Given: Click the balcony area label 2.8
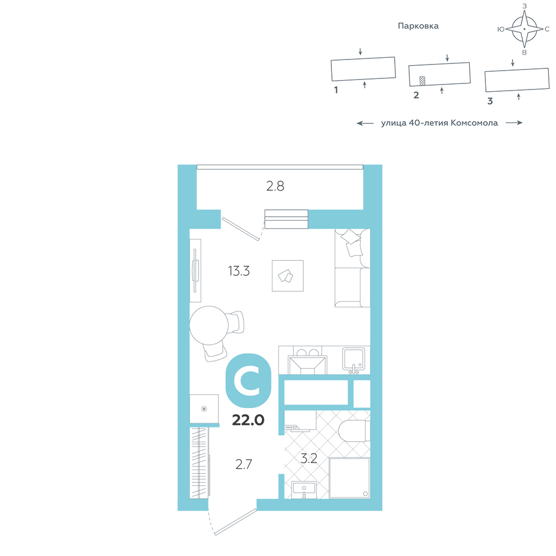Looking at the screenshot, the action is tap(275, 186).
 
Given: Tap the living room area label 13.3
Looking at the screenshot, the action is tap(239, 271).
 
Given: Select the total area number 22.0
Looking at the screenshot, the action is tap(248, 420).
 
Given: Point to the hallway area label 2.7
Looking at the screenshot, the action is tap(244, 464).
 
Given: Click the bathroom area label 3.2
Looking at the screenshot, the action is tap(309, 459).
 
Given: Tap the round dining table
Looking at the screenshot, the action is tap(209, 325).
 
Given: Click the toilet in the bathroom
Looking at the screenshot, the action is tap(354, 431).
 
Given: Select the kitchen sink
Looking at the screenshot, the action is tap(354, 359).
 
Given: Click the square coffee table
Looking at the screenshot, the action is tap(287, 276).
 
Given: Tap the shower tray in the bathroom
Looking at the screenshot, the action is tap(349, 478).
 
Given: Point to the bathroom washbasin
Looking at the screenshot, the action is tap(304, 490).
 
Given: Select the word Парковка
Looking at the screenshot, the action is tap(418, 26).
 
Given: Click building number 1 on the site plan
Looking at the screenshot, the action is tap(336, 90).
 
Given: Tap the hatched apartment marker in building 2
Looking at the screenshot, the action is tap(423, 81).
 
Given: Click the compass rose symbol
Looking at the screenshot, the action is tap(524, 29).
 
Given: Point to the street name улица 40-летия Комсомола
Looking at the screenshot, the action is tap(439, 123).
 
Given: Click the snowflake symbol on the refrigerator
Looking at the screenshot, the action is tap(204, 409).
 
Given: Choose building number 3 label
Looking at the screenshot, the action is tap(490, 101).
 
